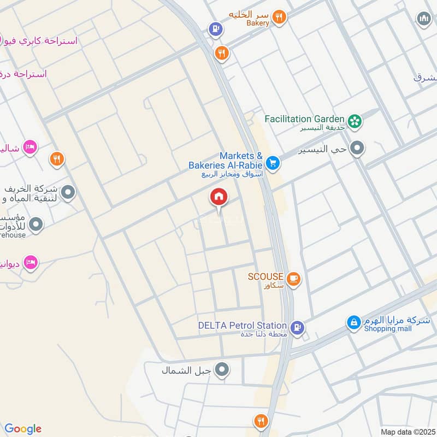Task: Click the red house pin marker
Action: (x=219, y=197)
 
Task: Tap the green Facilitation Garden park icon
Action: (x=355, y=121)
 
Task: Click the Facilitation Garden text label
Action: (x=304, y=119)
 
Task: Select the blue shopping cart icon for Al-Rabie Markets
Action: (x=273, y=162)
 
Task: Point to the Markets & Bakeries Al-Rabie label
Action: (x=226, y=160)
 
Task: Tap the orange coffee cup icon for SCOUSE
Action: (x=293, y=279)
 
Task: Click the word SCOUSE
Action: (x=265, y=277)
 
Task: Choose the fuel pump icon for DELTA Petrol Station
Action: (x=297, y=327)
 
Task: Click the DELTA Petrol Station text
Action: (x=243, y=326)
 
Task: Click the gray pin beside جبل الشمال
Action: (x=222, y=370)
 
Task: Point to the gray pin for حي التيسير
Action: (x=357, y=148)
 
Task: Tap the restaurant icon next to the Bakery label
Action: (x=279, y=17)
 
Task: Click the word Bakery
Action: (x=257, y=23)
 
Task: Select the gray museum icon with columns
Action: (x=423, y=19)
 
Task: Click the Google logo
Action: (x=23, y=429)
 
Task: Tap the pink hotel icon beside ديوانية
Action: (x=31, y=263)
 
